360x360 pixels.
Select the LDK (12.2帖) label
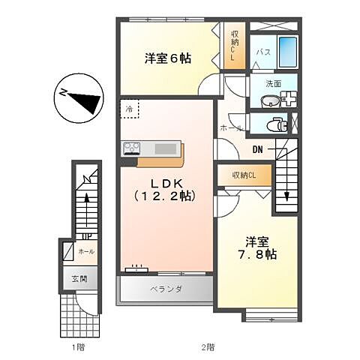[x=165, y=189]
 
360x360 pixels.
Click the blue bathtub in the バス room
[x=288, y=52]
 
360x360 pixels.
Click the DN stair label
[x=257, y=148]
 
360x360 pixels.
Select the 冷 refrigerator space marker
[x=129, y=109]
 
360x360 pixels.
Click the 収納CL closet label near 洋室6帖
[x=235, y=45]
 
